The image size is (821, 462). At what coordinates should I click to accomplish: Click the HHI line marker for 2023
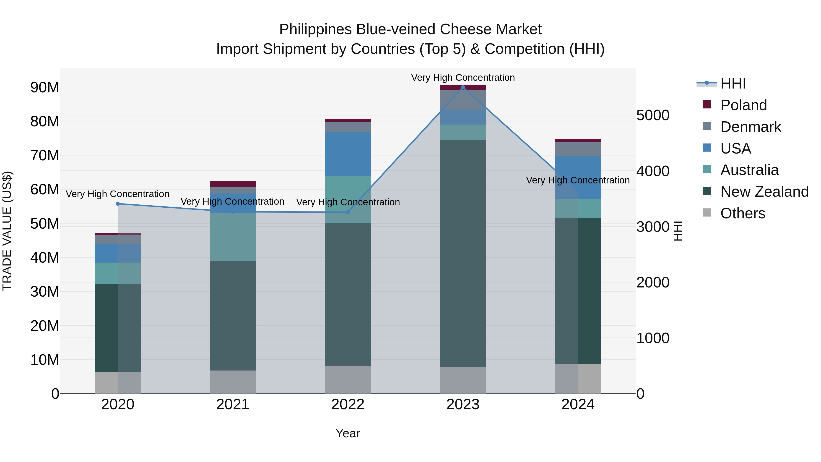463,87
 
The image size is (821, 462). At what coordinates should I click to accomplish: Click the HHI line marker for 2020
118,204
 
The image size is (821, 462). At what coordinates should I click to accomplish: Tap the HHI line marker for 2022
348,212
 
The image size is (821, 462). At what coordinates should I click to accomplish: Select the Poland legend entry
743,105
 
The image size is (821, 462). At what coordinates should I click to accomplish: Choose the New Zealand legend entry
764,192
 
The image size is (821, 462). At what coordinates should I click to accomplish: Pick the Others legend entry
742,213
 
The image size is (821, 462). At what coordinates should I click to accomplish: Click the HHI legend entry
733,84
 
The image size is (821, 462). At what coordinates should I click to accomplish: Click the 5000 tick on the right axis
653,115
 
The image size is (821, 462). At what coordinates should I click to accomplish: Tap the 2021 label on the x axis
233,405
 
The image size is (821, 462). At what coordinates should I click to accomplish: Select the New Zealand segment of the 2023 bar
463,253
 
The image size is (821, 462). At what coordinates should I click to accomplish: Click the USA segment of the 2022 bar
348,154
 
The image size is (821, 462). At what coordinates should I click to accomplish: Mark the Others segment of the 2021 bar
233,382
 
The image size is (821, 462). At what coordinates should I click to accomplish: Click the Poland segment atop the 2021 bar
233,184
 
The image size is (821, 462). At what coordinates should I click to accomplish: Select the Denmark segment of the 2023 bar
463,99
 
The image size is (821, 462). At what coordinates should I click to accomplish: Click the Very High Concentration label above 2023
463,78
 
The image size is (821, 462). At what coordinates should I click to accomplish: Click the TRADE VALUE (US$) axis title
7,231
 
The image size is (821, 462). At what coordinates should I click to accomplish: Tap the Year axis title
348,433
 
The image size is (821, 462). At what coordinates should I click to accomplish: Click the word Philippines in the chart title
316,29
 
